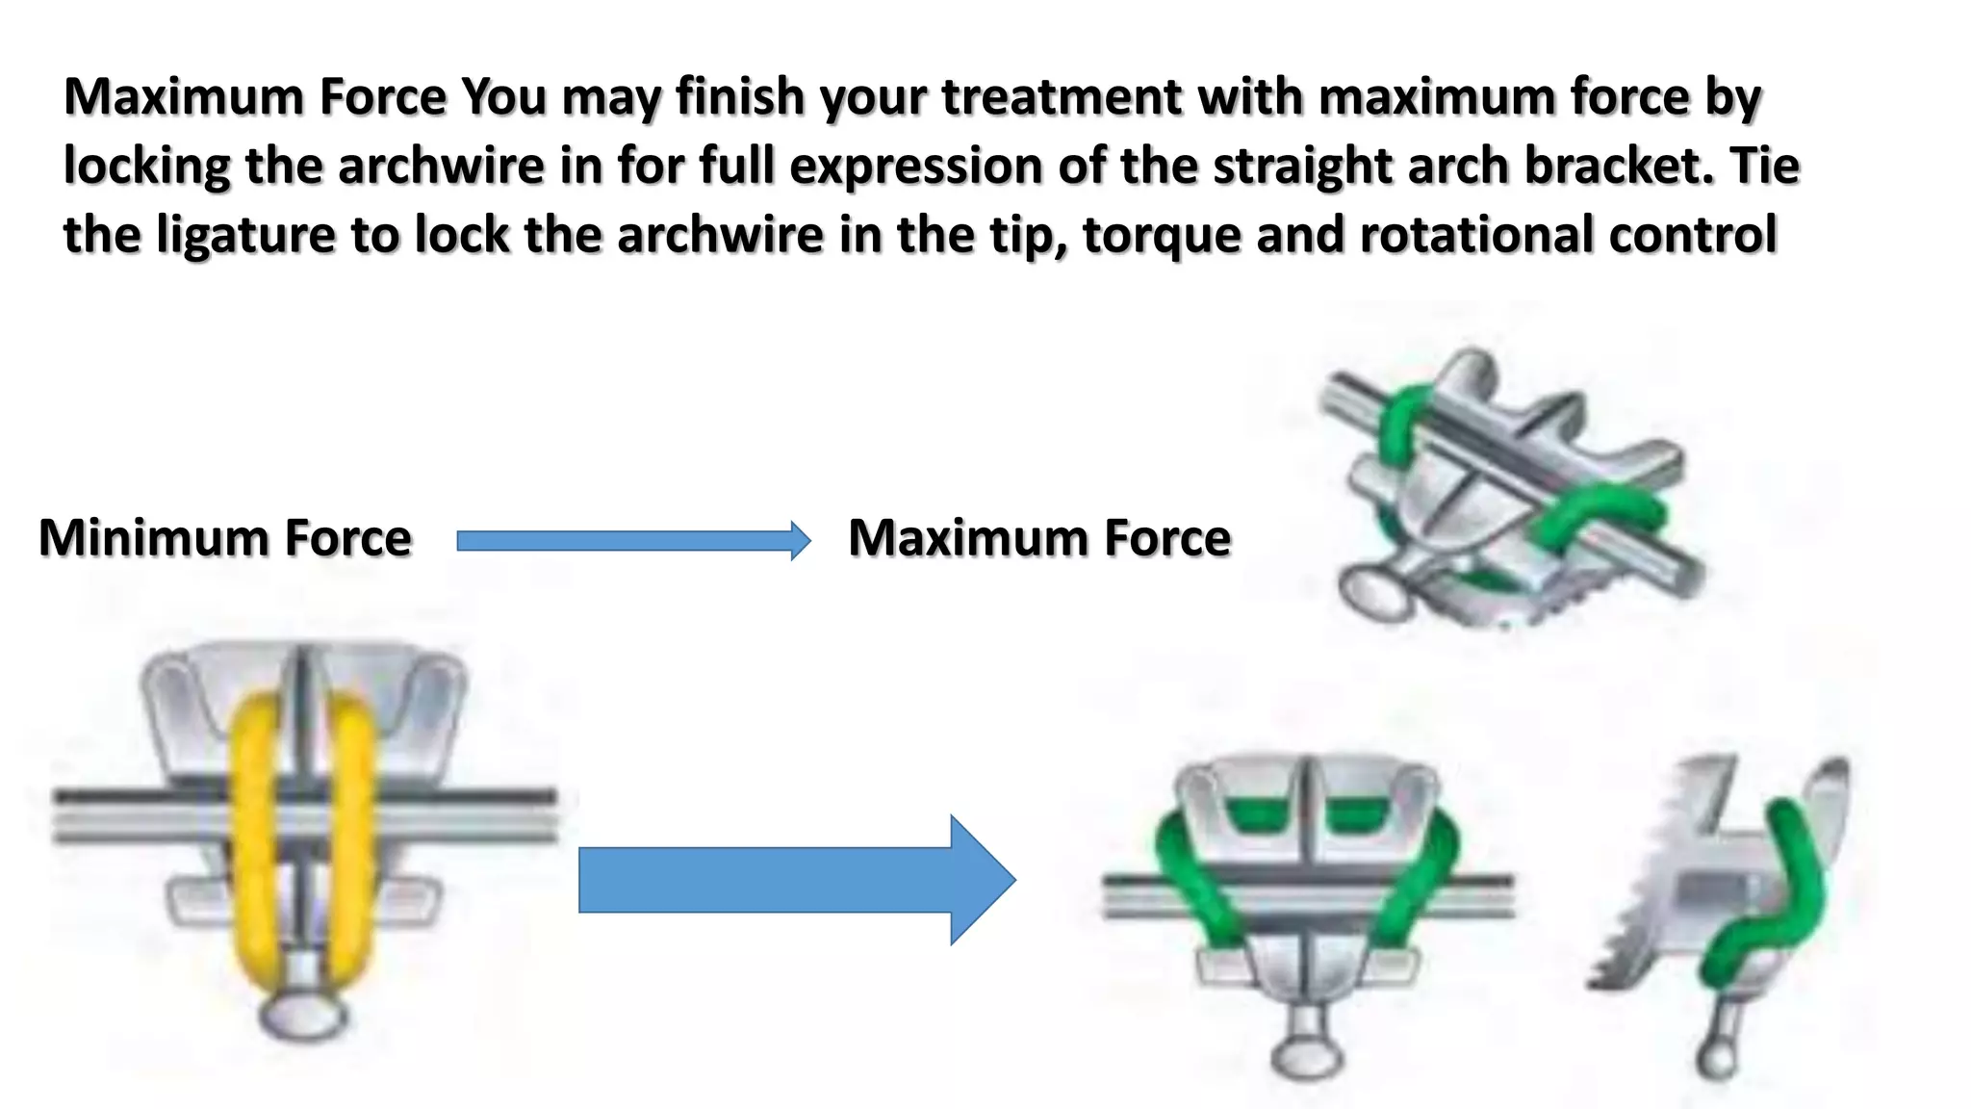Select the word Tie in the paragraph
click(x=1764, y=167)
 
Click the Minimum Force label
click(x=225, y=538)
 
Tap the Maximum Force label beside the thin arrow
click(x=1039, y=538)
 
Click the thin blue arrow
click(x=632, y=541)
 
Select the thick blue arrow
click(x=795, y=880)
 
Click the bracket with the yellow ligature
click(x=304, y=818)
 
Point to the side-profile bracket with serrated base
click(x=1723, y=886)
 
